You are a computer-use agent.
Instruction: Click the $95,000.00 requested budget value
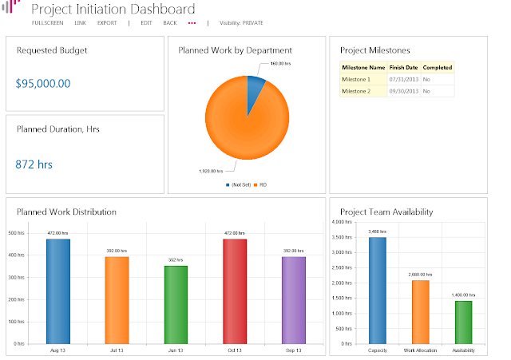click(43, 83)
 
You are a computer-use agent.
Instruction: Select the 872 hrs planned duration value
click(34, 164)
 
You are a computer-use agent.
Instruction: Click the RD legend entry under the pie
click(260, 184)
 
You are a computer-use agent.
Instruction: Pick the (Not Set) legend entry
click(238, 184)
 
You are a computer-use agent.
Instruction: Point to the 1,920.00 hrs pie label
click(211, 171)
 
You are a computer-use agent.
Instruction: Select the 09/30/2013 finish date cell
click(403, 92)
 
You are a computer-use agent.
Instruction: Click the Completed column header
click(437, 68)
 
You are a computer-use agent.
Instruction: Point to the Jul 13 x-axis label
click(117, 350)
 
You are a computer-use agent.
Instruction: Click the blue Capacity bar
click(378, 290)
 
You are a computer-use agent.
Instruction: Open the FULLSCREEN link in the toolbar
click(47, 23)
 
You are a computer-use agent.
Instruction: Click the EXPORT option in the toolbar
click(107, 23)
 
